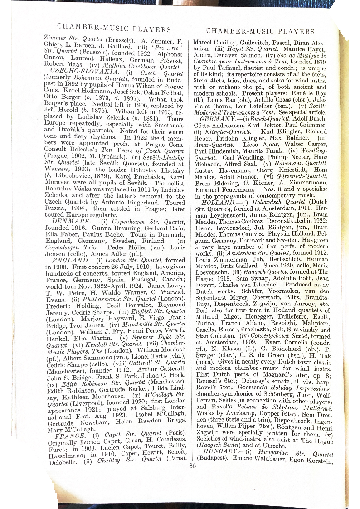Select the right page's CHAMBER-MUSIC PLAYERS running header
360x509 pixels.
(260, 31)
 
